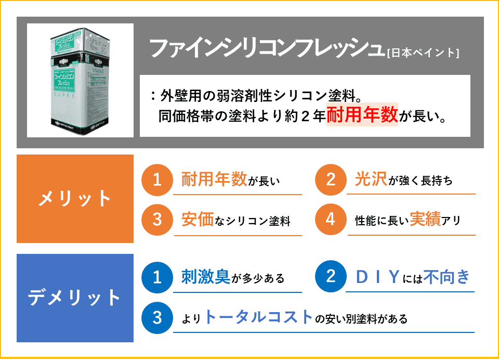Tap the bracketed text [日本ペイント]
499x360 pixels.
423,52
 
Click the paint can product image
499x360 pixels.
80,80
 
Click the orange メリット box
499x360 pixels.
75,198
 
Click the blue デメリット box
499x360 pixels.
75,298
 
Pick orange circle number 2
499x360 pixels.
331,180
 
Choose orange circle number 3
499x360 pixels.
157,220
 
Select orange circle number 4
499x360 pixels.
331,220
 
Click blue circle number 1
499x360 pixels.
157,277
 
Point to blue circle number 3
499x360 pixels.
157,317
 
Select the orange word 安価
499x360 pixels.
198,220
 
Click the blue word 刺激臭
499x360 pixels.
206,277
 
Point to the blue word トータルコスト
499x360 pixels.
259,317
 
